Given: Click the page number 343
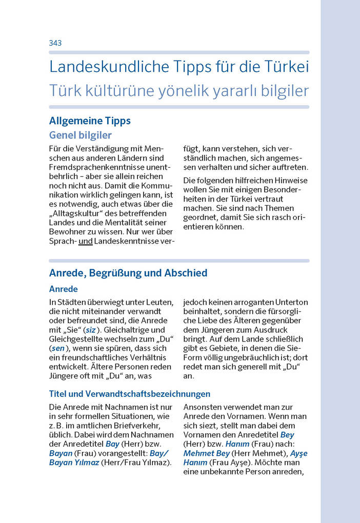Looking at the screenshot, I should [x=55, y=43].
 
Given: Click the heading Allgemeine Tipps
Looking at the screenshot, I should [x=90, y=121].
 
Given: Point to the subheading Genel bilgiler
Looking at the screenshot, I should [x=80, y=135].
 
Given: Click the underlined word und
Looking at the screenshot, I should [x=85, y=240].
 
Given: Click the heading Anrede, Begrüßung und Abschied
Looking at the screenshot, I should [x=128, y=273].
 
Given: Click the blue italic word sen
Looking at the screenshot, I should [x=58, y=348].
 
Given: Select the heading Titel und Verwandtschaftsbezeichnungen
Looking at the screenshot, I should [x=130, y=394].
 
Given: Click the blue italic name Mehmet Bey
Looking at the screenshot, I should [x=207, y=453].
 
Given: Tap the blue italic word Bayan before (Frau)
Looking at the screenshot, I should [x=61, y=453].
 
